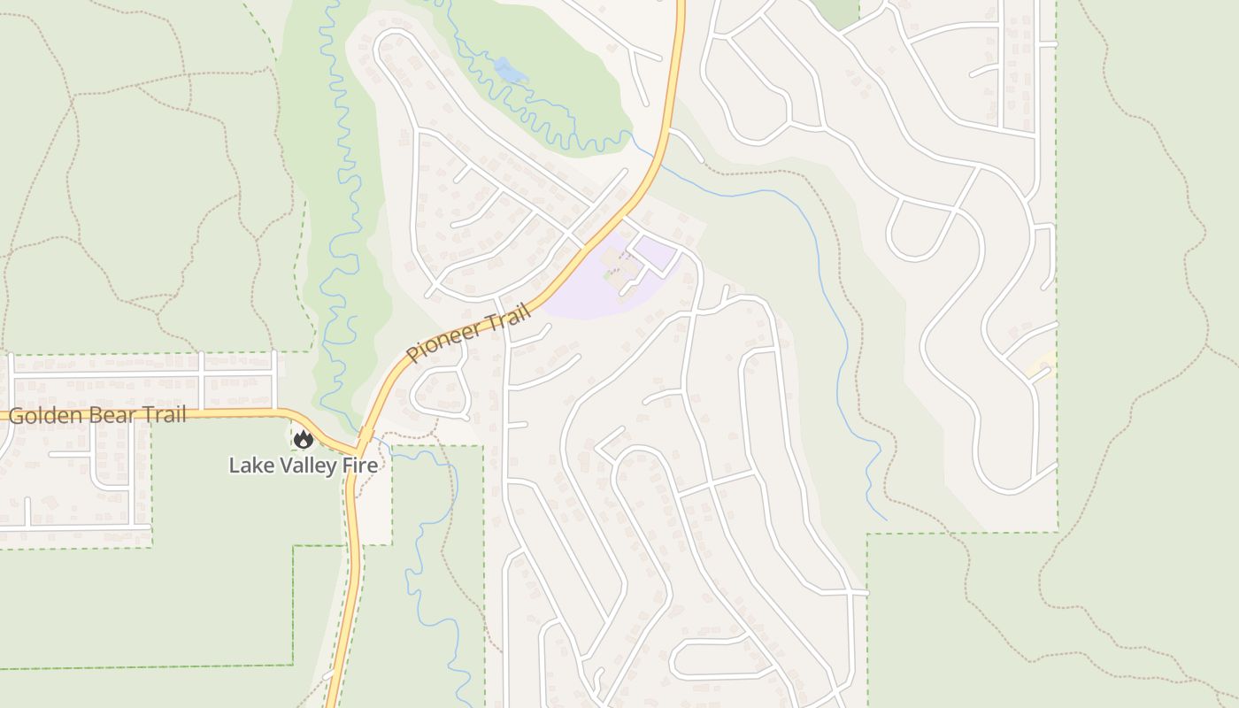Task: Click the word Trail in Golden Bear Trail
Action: (x=164, y=415)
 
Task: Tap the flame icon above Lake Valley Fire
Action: (x=304, y=439)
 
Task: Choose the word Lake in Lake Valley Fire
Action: (x=250, y=466)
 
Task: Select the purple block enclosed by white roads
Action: (x=655, y=255)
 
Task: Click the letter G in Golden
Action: (x=16, y=415)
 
